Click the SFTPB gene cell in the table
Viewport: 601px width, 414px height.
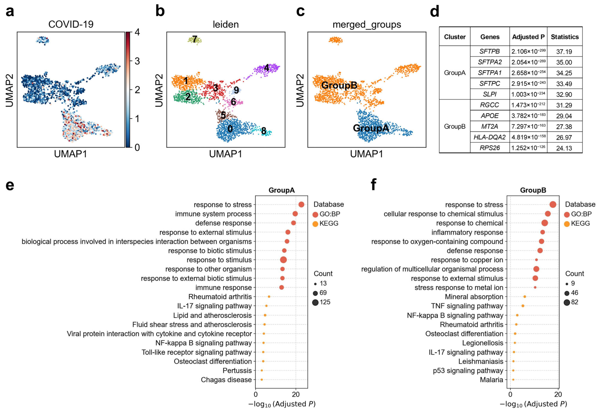point(490,51)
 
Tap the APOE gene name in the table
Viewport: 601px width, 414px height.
point(490,116)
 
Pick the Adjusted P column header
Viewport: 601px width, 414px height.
point(528,37)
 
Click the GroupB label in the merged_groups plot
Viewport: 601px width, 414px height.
point(339,85)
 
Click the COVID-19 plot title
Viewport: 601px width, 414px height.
point(71,24)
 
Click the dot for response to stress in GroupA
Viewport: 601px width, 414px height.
point(301,205)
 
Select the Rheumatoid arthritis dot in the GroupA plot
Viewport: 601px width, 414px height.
point(269,296)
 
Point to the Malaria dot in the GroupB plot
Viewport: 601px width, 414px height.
point(513,380)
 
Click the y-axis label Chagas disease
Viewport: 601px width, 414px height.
point(226,380)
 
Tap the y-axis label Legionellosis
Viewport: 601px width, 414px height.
point(483,343)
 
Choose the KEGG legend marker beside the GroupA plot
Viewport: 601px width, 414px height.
point(315,224)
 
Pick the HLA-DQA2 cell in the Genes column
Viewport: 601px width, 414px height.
point(490,137)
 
